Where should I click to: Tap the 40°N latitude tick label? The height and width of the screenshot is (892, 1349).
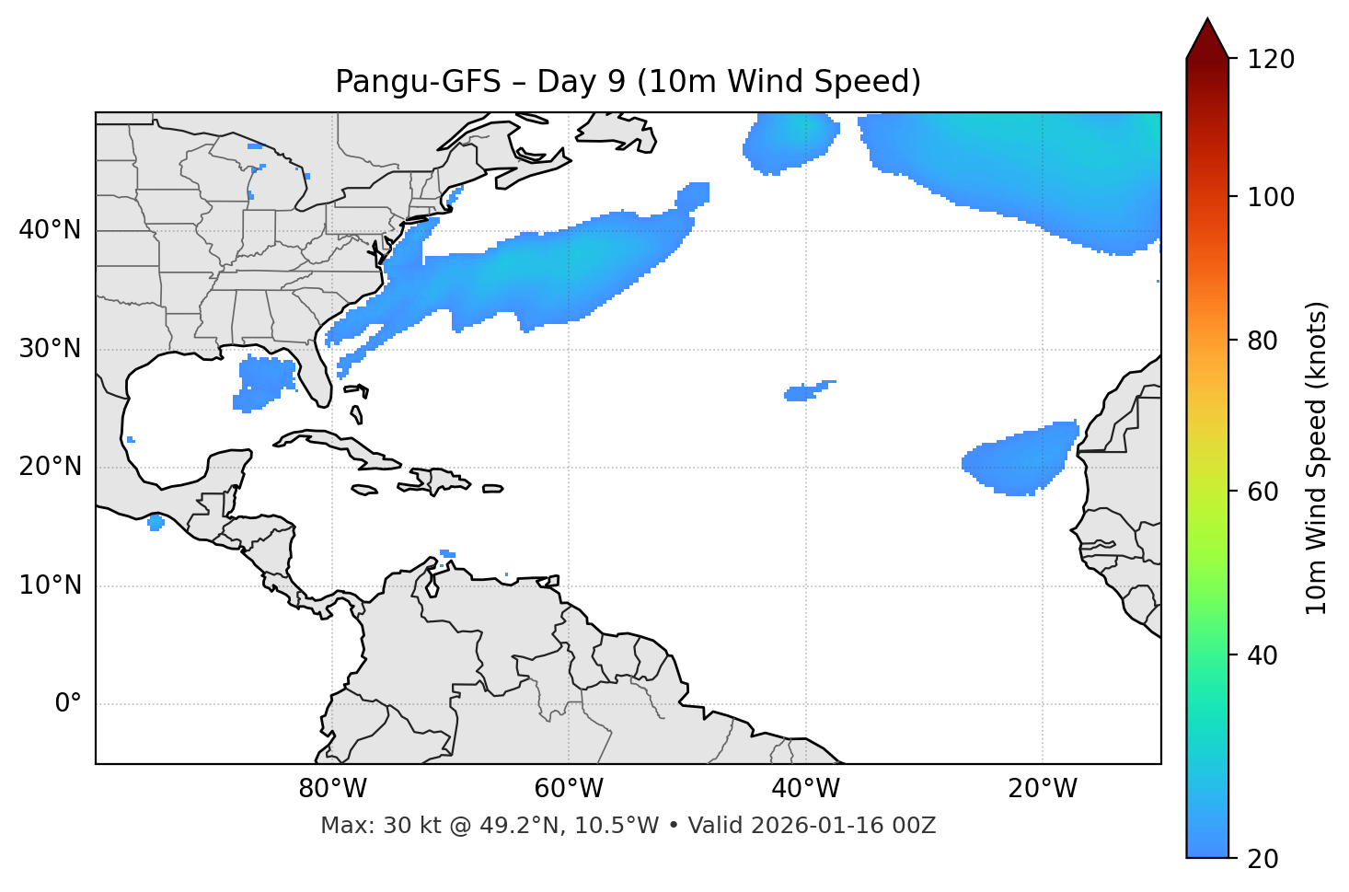[50, 230]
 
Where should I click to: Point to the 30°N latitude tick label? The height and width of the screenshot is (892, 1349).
[50, 349]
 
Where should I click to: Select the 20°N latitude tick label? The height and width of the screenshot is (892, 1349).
[50, 467]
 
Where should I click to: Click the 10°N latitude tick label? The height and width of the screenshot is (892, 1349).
[50, 585]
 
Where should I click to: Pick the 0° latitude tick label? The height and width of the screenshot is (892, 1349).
[67, 704]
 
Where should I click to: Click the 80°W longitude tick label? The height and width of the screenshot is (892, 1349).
[332, 789]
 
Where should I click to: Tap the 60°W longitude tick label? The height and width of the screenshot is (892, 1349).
[569, 789]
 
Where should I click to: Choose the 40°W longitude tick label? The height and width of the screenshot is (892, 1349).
[805, 789]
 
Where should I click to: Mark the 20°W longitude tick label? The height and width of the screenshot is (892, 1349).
[1043, 789]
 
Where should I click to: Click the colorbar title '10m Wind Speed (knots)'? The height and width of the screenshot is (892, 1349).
[1317, 458]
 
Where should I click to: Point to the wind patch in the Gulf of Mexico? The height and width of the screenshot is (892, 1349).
[264, 381]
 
